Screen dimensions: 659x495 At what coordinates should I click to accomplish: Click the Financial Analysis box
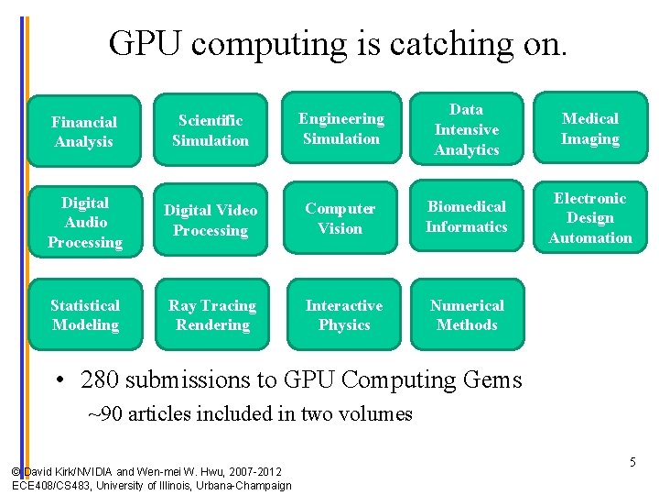coord(84,131)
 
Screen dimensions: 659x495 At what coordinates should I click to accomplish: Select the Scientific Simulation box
coord(211,130)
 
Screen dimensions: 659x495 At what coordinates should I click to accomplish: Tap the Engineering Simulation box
coord(341,129)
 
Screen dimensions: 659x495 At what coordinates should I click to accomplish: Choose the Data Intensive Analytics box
coord(467,129)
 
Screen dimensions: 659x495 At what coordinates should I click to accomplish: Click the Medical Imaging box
coord(590,129)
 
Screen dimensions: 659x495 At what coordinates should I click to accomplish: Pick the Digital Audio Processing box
coord(84,222)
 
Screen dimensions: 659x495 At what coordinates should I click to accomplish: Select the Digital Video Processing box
coord(211,220)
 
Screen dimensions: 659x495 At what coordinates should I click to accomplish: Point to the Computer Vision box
coord(340,219)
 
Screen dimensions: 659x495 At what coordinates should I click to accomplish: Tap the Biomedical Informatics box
coord(467,217)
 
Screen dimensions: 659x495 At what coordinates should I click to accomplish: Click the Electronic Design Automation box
coord(590,218)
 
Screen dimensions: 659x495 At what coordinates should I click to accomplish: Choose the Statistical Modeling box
coord(84,315)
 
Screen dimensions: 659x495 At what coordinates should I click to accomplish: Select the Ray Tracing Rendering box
coord(212,315)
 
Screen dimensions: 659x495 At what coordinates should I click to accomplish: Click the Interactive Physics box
coord(344,315)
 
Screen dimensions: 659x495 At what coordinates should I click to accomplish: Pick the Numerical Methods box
coord(467,315)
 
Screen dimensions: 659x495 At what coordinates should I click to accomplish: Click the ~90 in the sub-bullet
coord(105,413)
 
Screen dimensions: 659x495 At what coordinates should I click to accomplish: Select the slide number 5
coord(632,463)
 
